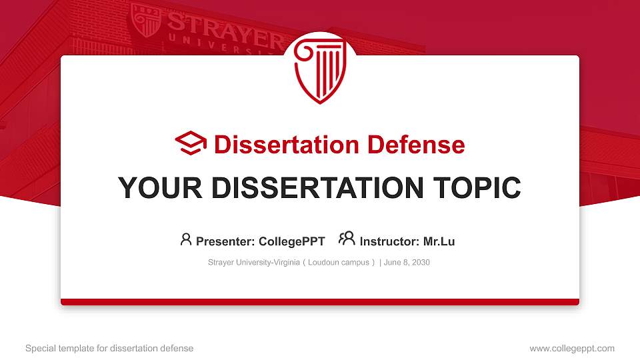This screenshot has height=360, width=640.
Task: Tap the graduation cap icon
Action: (x=191, y=144)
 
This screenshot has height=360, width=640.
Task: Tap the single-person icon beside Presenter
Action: (x=186, y=239)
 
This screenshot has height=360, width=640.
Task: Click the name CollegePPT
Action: (x=292, y=241)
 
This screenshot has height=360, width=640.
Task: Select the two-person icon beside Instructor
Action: (x=347, y=239)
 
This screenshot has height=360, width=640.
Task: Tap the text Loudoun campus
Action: (x=339, y=263)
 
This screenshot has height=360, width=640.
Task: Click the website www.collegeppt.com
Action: (x=571, y=348)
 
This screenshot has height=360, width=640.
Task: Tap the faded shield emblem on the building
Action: (x=146, y=20)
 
